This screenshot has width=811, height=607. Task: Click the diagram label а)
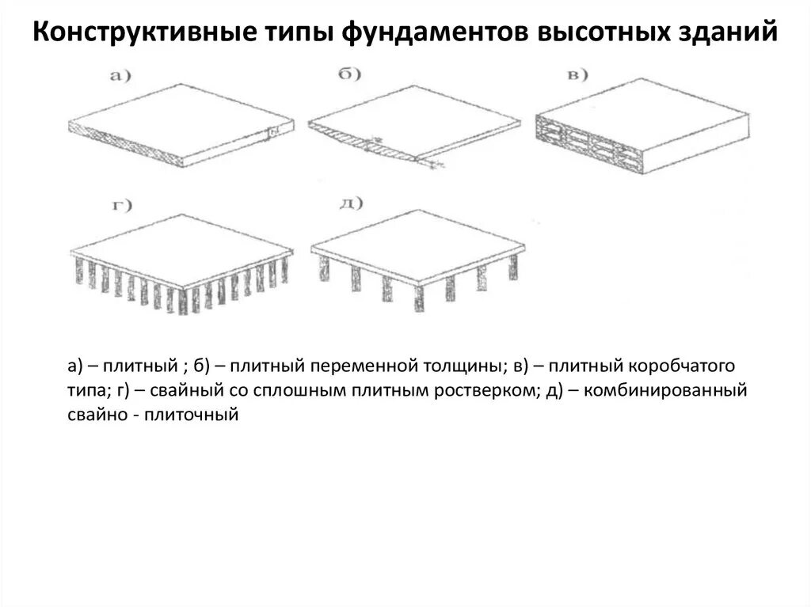tap(119, 76)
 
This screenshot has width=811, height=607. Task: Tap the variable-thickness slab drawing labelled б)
tap(412, 123)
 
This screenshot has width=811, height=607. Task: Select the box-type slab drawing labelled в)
tap(642, 119)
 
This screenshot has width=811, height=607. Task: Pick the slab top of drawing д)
tap(416, 245)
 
